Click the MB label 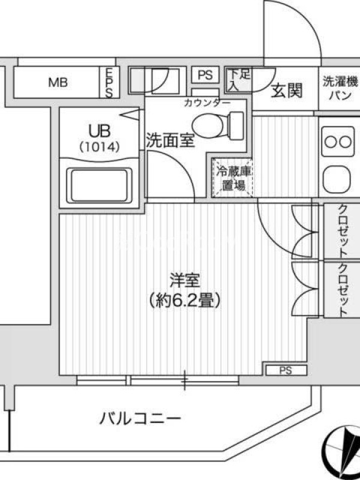point(58,82)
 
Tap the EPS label point(109,82)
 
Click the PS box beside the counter point(205,74)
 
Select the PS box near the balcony point(286,370)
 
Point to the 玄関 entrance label point(287,91)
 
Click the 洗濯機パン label point(340,89)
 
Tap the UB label point(99,131)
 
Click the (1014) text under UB point(99,148)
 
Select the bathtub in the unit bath point(99,185)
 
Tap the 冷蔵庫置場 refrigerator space point(233,178)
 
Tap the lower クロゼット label point(343,289)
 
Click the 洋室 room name point(185,280)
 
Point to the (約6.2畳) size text point(185,301)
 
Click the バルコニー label point(140,418)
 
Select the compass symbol point(343,452)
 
